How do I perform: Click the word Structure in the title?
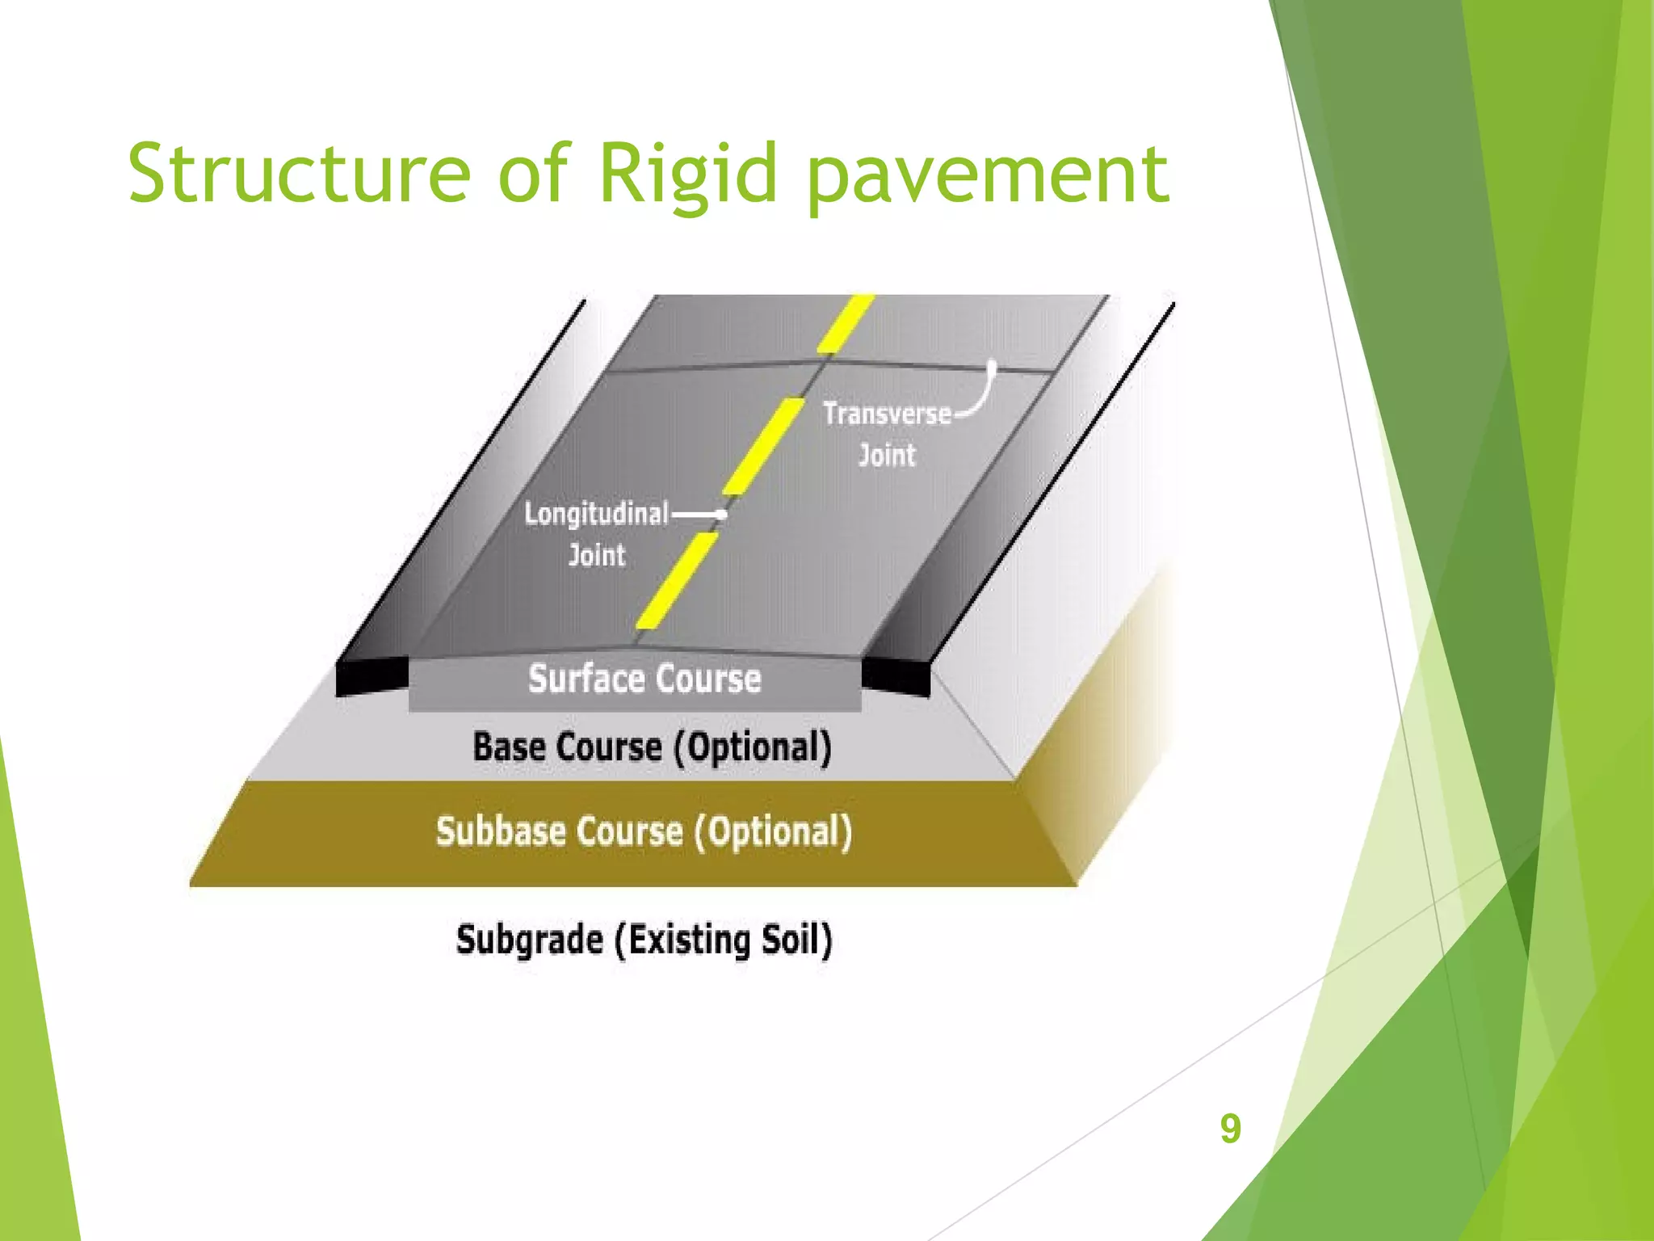point(299,173)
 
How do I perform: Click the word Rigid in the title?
point(687,173)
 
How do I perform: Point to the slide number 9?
point(1230,1128)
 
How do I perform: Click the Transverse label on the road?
point(887,414)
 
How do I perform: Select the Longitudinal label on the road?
point(596,513)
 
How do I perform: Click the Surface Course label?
point(644,679)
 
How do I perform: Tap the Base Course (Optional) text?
point(652,747)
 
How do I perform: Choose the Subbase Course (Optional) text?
point(644,831)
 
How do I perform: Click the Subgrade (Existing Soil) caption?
point(644,940)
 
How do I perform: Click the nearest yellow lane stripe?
point(677,580)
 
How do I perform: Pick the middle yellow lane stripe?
point(763,446)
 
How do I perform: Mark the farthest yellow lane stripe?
point(846,323)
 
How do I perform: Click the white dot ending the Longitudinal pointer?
point(723,514)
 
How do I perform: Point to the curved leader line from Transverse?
point(984,396)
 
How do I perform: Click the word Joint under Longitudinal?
point(597,555)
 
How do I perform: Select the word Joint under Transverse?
point(887,455)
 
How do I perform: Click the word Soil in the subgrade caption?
point(796,940)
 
